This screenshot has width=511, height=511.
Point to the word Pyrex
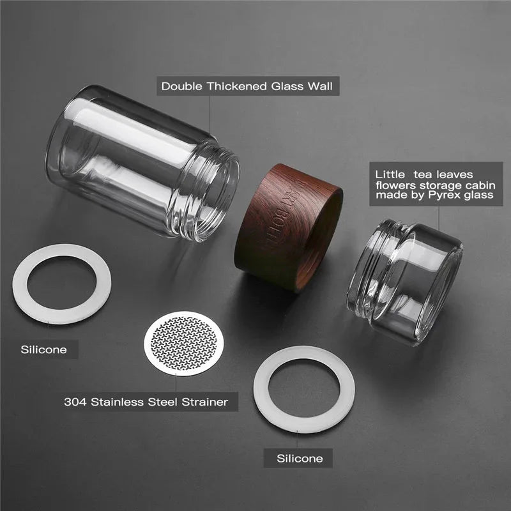coord(445,194)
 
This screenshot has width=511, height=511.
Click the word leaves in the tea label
coord(473,173)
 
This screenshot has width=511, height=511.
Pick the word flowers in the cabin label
coord(394,184)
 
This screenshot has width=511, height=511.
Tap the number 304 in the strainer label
coord(75,402)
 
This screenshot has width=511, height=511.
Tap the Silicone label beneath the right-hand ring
coord(300,458)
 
